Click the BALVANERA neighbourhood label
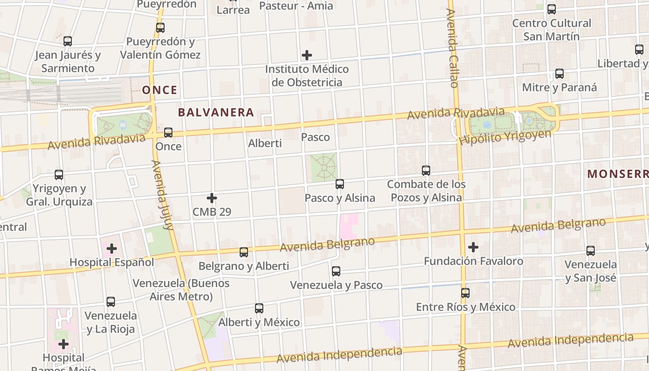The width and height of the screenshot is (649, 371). (x=216, y=112)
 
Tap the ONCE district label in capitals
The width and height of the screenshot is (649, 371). (x=159, y=90)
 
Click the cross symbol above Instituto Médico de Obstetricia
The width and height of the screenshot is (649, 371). (x=307, y=55)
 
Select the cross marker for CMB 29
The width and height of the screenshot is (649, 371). (x=212, y=198)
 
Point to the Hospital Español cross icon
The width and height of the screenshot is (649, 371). (x=112, y=249)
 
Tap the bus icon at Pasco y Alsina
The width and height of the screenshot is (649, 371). (x=340, y=184)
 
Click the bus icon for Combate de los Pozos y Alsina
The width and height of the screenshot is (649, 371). (x=426, y=170)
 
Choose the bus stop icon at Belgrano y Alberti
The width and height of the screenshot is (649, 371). (x=244, y=252)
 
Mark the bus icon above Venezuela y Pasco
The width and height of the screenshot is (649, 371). (x=336, y=271)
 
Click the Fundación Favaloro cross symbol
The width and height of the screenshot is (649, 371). (x=473, y=247)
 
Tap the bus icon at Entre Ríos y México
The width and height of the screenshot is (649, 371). (x=465, y=293)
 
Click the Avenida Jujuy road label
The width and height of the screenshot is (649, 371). (x=162, y=195)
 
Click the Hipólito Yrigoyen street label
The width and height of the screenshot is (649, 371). (x=505, y=136)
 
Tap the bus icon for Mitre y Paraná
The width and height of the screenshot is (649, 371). (x=560, y=73)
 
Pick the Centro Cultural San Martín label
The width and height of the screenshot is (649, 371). (x=552, y=29)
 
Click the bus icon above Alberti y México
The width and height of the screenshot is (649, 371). (x=259, y=308)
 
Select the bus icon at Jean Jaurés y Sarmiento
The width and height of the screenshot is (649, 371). (x=68, y=41)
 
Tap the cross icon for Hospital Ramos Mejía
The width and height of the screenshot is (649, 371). (x=64, y=344)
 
